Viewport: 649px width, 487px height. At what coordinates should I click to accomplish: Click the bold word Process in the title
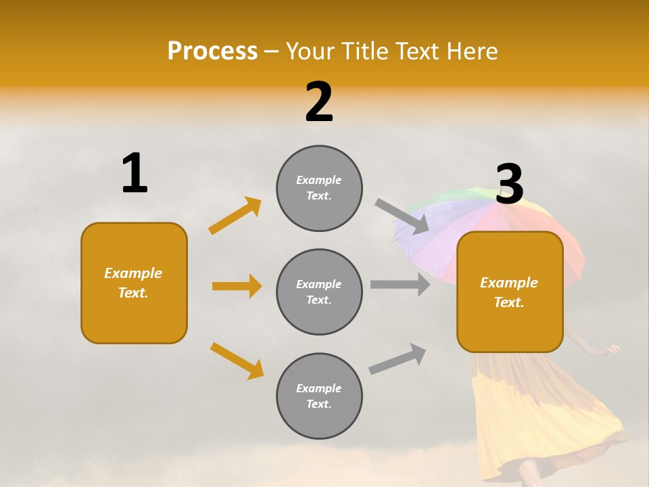pyautogui.click(x=212, y=51)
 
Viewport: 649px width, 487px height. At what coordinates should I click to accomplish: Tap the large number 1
pyautogui.click(x=135, y=174)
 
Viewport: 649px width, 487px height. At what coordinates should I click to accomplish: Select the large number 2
pyautogui.click(x=319, y=102)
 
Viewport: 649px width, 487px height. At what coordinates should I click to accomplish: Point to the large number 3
pyautogui.click(x=510, y=184)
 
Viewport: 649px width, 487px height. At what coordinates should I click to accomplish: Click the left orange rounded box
pyautogui.click(x=134, y=283)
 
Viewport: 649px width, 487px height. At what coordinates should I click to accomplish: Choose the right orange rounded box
pyautogui.click(x=510, y=292)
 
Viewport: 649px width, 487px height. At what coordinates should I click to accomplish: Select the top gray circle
pyautogui.click(x=319, y=188)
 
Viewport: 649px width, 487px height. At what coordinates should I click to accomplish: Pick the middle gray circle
pyautogui.click(x=319, y=292)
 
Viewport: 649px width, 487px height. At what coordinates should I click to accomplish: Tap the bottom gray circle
pyautogui.click(x=319, y=396)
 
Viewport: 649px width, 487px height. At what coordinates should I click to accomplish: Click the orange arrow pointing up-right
pyautogui.click(x=235, y=216)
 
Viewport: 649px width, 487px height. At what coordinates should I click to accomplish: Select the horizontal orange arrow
pyautogui.click(x=237, y=286)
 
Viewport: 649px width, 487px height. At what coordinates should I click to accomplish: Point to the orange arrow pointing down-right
pyautogui.click(x=237, y=361)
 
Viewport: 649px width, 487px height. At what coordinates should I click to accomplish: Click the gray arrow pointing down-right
pyautogui.click(x=402, y=216)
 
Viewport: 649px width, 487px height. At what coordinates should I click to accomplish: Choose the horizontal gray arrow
pyautogui.click(x=400, y=285)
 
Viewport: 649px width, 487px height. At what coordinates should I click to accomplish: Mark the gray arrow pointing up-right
pyautogui.click(x=398, y=359)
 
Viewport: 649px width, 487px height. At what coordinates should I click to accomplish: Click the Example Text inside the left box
pyautogui.click(x=134, y=283)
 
